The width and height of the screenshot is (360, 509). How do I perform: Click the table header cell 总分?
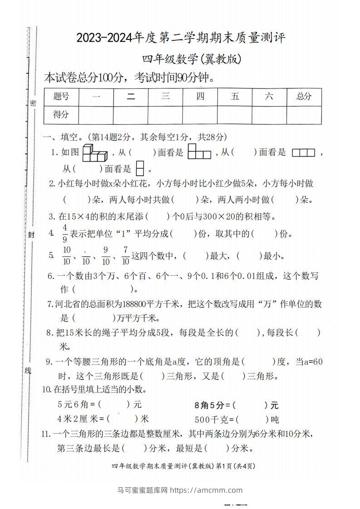coord(304,97)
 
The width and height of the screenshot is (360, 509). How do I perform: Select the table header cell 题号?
coord(61,97)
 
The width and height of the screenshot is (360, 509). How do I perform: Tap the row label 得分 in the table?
coord(61,115)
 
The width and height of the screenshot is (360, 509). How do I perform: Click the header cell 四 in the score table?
coord(200,97)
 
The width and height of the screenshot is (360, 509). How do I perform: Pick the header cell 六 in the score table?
coord(269,97)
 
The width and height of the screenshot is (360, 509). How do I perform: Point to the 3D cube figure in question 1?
coord(94,153)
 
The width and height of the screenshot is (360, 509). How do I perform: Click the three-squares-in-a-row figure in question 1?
coord(303,153)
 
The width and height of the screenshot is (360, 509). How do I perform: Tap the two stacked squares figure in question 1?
coord(140,168)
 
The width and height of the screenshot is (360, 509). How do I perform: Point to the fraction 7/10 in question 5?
coord(125,255)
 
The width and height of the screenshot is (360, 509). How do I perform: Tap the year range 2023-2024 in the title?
coord(105,38)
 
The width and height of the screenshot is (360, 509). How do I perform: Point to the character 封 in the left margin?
coord(31,235)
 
